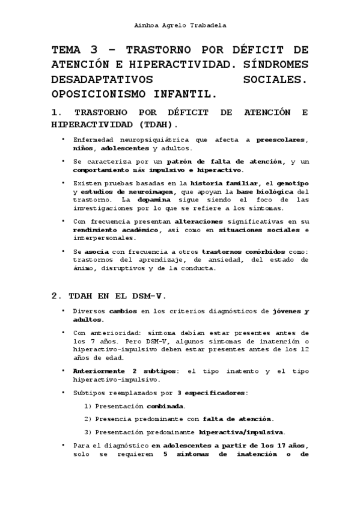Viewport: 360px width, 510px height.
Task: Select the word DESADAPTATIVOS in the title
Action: tap(102, 79)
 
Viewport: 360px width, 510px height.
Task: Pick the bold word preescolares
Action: tap(282, 140)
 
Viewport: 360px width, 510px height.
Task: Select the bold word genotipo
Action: tap(293, 183)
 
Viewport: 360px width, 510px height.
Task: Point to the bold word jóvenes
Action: tap(287, 311)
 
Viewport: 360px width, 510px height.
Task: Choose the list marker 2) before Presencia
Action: tap(88, 419)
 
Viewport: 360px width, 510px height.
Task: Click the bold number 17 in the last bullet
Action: tap(267, 446)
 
